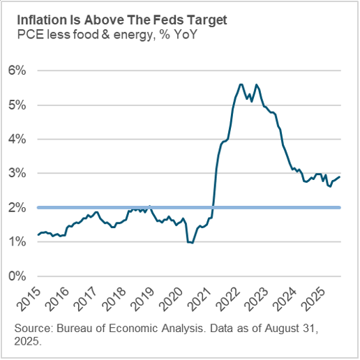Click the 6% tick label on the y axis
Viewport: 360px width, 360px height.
click(17, 70)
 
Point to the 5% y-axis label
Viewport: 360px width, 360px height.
click(17, 105)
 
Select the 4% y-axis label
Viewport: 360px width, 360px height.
click(17, 139)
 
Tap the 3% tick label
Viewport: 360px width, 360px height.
click(17, 173)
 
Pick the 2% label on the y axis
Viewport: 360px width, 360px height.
click(17, 207)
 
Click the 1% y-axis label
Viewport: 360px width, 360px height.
click(17, 241)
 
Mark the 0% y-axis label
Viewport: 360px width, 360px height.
click(17, 276)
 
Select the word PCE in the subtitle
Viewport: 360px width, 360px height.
click(29, 32)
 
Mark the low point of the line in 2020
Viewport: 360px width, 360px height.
click(190, 243)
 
